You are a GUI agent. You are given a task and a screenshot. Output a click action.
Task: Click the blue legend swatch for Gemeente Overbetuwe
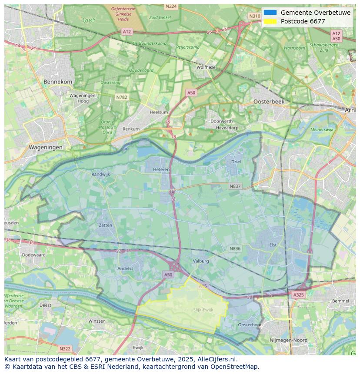point(270,13)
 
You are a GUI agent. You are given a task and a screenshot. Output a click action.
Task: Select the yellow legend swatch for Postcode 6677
point(270,21)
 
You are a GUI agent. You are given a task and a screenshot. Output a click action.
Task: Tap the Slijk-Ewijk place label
point(203,310)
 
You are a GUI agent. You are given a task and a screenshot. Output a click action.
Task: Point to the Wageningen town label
point(46,147)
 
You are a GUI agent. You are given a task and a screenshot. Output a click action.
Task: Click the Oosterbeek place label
point(269,101)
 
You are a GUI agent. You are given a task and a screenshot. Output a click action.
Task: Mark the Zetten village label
point(105,225)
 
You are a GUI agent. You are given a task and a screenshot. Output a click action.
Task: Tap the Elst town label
point(273,245)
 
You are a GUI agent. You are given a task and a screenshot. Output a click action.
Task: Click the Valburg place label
point(201,261)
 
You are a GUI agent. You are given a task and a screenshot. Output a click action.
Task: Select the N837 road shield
point(235,186)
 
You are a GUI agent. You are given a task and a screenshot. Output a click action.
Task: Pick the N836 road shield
point(235,248)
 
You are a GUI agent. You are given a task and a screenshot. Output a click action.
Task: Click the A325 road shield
point(298,295)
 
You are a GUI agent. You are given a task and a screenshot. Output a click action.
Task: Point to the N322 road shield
point(64,348)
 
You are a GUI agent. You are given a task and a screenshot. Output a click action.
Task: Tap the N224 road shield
point(171,7)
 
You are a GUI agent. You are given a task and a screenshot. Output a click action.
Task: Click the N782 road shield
point(122,97)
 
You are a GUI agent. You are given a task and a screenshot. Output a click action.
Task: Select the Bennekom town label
point(58,82)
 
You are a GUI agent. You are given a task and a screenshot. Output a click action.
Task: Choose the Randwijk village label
point(101,174)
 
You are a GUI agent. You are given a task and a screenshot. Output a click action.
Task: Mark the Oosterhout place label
point(250,324)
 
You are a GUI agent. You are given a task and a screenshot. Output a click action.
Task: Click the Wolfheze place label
point(206,67)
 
